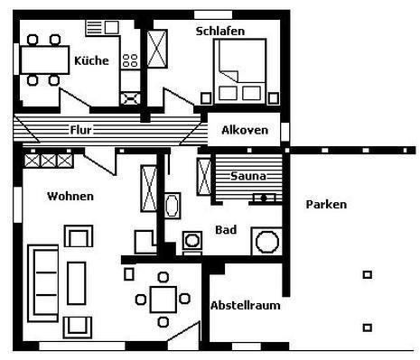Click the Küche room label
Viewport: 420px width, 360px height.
91,60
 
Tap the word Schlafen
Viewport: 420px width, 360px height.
220,31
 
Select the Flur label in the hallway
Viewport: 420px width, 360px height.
80,130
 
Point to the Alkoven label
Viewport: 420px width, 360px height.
245,130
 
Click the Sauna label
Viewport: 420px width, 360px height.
248,176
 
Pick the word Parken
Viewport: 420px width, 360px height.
326,205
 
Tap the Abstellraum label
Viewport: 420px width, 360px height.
246,306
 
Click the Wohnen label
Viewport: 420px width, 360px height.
70,197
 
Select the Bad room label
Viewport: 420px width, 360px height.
226,230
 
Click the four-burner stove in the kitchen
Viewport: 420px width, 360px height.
130,60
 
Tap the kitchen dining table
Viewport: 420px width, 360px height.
44,60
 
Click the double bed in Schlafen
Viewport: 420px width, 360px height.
240,71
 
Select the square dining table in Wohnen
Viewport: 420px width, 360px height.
163,300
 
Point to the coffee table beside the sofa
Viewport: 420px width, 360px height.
77,283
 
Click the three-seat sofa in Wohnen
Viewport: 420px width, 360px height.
42,283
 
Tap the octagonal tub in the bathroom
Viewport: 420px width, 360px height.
266,242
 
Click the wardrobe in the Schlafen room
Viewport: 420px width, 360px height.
157,49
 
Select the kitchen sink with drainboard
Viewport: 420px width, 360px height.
102,28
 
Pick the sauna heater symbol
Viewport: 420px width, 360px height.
264,198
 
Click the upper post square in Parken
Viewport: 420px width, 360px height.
368,274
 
